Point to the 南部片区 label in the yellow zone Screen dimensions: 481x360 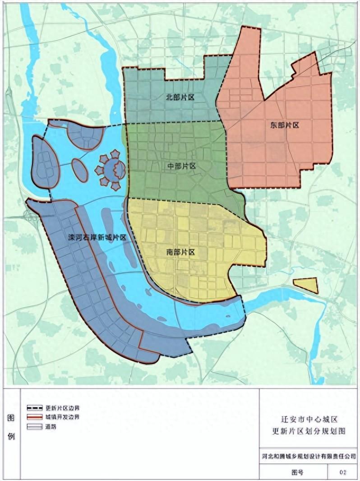click(x=180, y=252)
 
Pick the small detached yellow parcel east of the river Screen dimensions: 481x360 click(x=306, y=286)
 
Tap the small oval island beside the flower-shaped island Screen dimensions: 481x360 click(x=80, y=170)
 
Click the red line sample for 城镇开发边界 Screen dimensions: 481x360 click(x=34, y=417)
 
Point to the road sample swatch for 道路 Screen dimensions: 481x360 click(x=34, y=426)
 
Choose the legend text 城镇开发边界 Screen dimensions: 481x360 click(x=62, y=417)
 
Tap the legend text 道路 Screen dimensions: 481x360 click(x=51, y=426)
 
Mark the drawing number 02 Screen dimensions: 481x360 click(x=343, y=472)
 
